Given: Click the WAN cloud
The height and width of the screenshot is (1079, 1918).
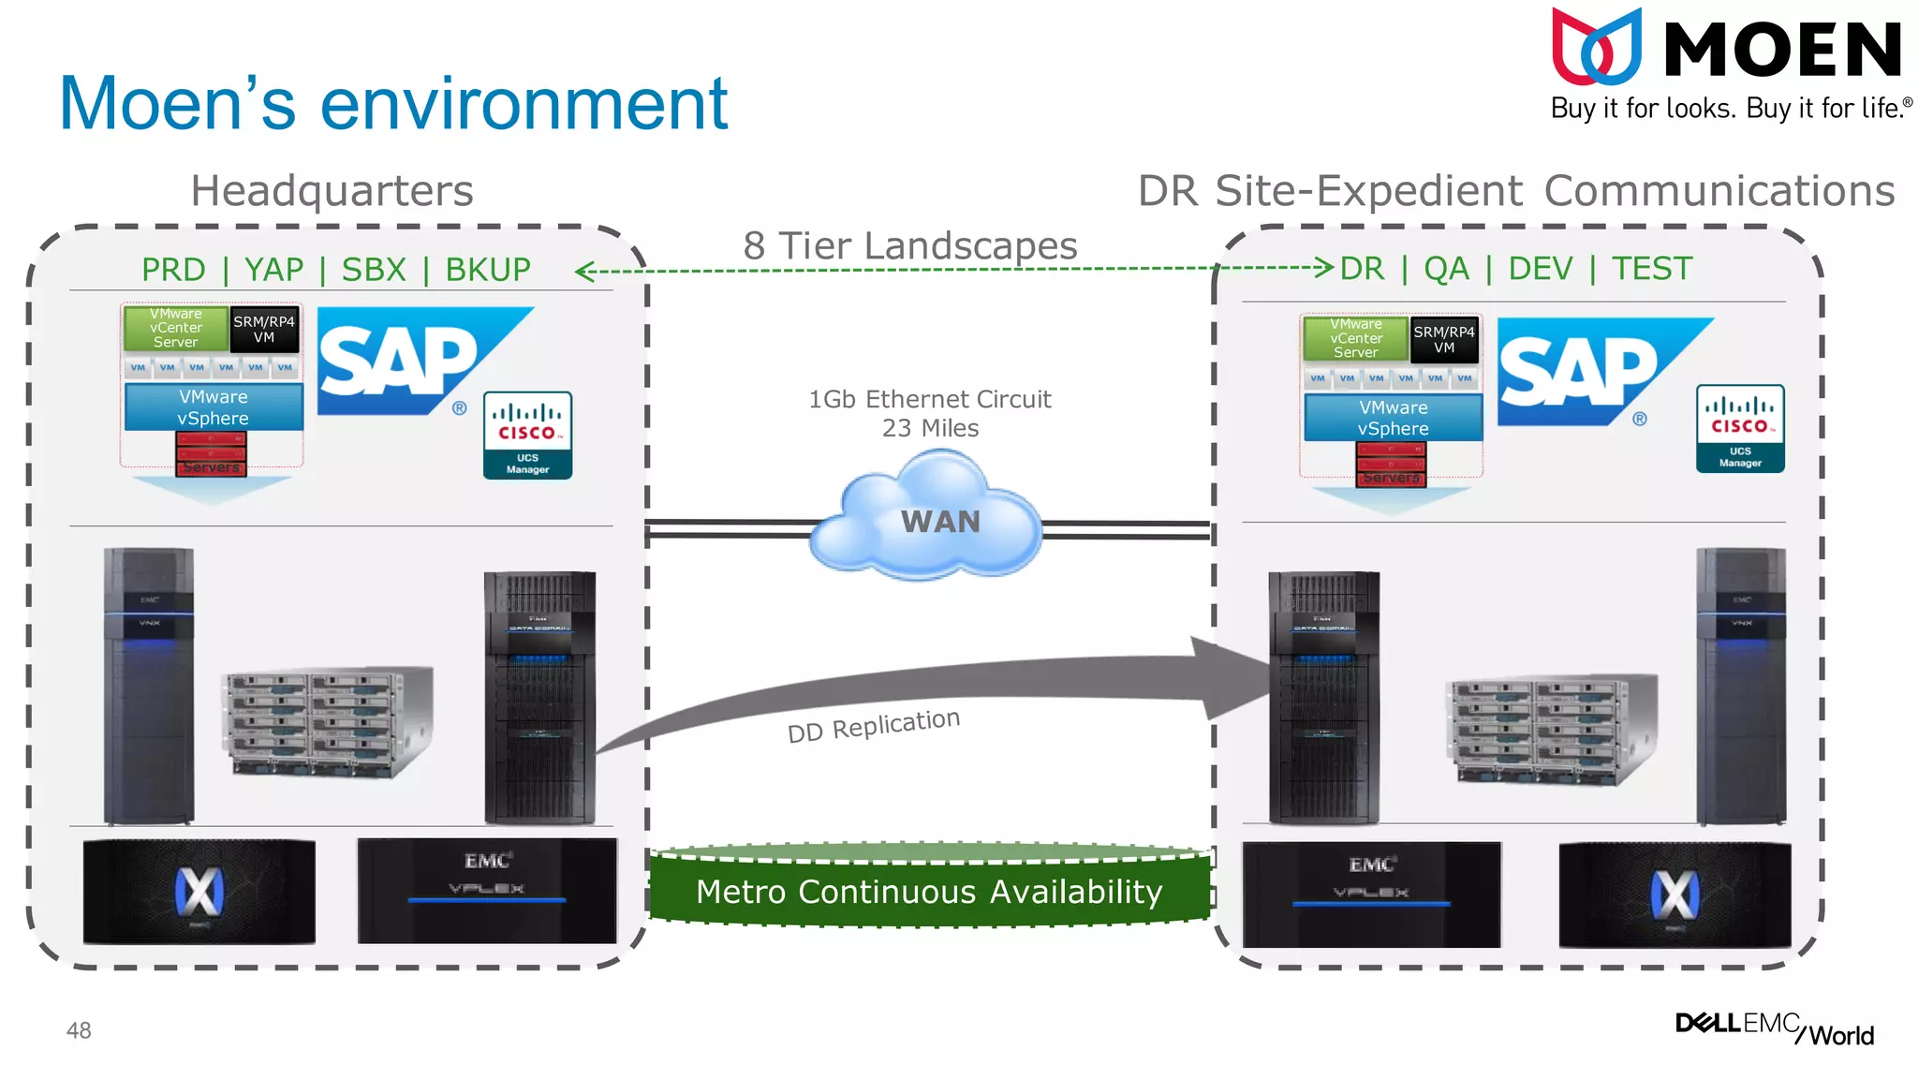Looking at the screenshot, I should pos(927,520).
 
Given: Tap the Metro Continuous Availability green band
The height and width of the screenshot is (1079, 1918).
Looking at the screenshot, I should pos(929,891).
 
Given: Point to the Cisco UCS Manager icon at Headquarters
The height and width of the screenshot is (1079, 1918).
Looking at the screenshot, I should pos(527,436).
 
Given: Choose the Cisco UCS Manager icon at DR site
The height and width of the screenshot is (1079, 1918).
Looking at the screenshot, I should pos(1740,428).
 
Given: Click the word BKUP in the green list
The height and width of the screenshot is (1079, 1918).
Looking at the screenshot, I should pos(487,270).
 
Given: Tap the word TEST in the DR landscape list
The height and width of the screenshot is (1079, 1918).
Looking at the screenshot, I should pos(1652,269).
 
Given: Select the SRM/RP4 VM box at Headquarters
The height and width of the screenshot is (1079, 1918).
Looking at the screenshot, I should pos(264,329).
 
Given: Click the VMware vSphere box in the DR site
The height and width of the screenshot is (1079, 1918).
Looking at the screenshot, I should pos(1393,418).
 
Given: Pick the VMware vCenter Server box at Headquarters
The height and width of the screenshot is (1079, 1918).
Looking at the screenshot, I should pos(176,329).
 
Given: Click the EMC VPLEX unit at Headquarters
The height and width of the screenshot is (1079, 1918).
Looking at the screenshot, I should pos(487,891).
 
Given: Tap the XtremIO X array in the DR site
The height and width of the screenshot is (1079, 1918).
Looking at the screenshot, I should pos(1675,894).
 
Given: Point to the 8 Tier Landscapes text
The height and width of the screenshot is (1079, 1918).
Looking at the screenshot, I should pos(910,246).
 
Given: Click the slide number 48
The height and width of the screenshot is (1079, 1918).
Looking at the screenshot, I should pos(79,1030).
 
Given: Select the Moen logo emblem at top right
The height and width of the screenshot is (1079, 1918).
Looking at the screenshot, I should pos(1596,47).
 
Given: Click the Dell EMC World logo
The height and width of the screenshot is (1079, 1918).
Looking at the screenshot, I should pos(1774,1028).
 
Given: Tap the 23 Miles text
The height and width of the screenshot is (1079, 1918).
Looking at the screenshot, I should pos(930,428).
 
